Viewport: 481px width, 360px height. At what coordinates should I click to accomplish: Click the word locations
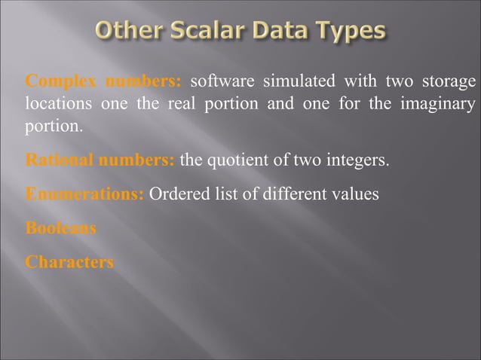58,104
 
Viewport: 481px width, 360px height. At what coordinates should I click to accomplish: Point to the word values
357,194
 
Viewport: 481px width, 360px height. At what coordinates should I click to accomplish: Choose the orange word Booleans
61,228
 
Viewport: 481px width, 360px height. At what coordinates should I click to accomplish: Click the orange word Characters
69,262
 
